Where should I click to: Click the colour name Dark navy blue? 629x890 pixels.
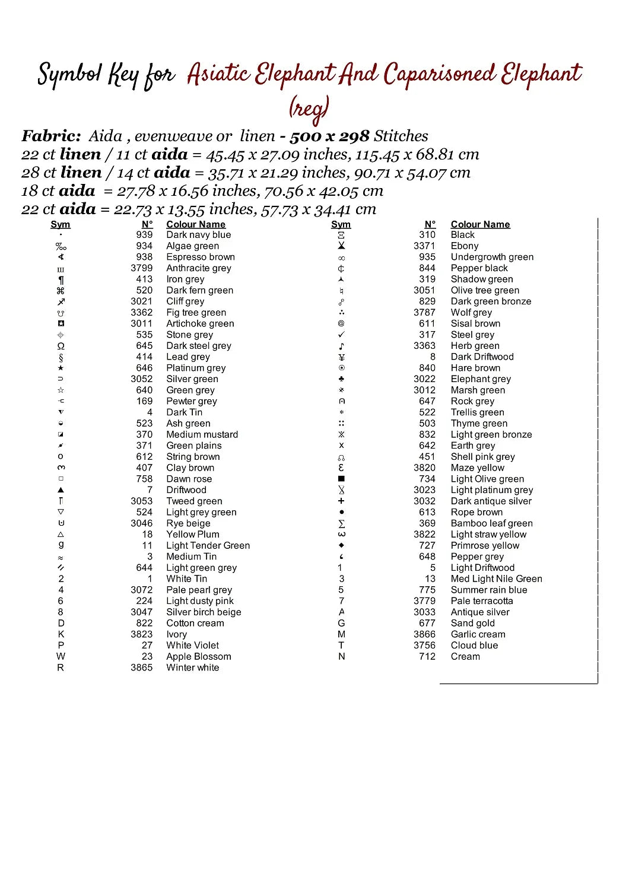(198, 235)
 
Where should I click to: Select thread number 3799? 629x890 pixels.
(141, 268)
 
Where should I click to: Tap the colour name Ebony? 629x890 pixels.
(464, 246)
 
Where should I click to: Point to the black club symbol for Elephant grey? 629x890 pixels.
(341, 379)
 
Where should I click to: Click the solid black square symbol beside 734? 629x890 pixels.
(341, 479)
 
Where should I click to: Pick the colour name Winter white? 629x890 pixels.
(192, 668)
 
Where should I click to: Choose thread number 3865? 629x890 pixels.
(141, 668)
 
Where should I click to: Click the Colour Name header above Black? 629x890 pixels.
(480, 224)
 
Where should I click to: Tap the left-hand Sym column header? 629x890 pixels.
(61, 224)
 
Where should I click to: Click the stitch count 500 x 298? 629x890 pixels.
(329, 136)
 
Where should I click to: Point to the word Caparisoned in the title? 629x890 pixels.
(439, 75)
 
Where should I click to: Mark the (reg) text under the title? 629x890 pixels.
(309, 109)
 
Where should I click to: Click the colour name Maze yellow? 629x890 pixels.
(477, 468)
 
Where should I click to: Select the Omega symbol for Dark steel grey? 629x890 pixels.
(61, 346)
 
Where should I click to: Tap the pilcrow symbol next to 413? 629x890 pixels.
(61, 280)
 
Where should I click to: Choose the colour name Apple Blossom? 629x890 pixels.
(198, 657)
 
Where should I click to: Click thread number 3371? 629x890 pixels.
(424, 246)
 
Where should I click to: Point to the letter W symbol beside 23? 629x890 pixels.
(61, 657)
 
